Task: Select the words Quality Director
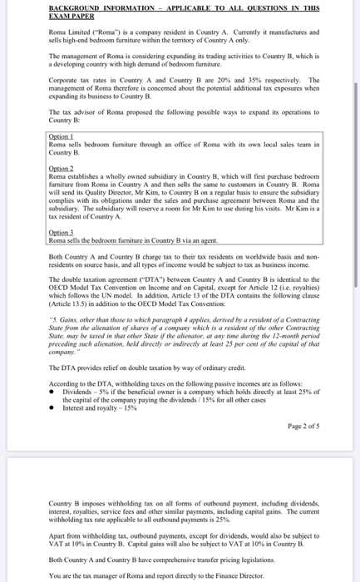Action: [x=107, y=190]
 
